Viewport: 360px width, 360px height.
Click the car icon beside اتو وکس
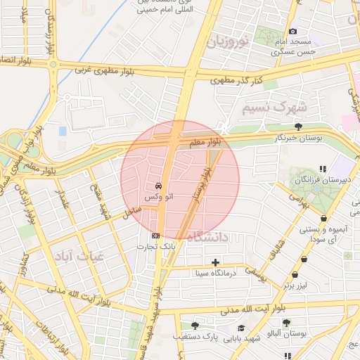[x=158, y=186]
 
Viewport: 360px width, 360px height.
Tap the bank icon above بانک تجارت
[x=155, y=236]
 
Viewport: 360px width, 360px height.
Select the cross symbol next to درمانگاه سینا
[x=215, y=262]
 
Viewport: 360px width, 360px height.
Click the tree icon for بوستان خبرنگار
[x=299, y=127]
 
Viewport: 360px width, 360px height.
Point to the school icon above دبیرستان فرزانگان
[x=323, y=169]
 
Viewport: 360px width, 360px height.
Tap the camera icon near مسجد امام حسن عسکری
[x=293, y=31]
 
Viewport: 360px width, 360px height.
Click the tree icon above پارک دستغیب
[x=195, y=326]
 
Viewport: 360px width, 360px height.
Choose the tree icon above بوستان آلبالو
[x=286, y=322]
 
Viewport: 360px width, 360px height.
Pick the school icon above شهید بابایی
[x=241, y=328]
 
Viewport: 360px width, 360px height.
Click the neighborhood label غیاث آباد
[x=77, y=257]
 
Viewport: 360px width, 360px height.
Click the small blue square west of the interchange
[x=63, y=131]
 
